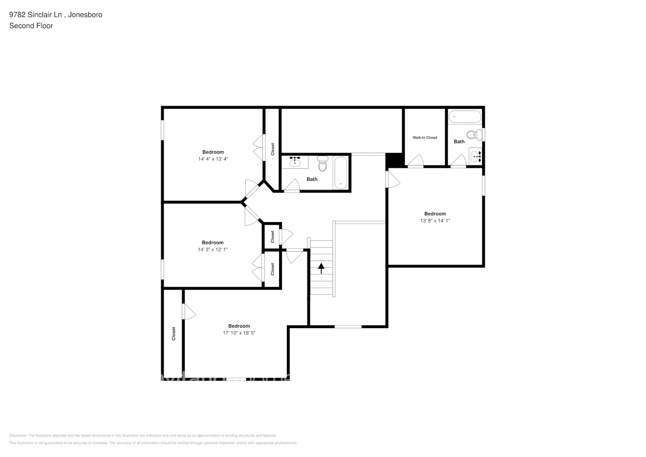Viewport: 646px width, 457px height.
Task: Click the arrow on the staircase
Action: (x=321, y=268)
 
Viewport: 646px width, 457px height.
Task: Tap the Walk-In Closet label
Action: (x=425, y=138)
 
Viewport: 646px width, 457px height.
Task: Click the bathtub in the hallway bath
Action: (x=341, y=172)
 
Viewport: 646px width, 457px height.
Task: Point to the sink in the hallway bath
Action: (x=295, y=161)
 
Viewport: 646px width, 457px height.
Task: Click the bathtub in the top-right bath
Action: (x=465, y=117)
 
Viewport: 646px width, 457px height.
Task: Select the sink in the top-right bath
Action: (x=477, y=156)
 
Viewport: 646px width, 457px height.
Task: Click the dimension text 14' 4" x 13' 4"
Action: (x=213, y=159)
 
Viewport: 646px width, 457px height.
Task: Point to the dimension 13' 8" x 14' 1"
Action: (x=435, y=221)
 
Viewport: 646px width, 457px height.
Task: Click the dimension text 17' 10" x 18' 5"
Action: (x=239, y=333)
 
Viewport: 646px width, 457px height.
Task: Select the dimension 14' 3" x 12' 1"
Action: (x=212, y=250)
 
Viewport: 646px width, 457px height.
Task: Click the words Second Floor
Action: (x=31, y=26)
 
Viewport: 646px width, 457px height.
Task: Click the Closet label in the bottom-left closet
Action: (x=174, y=333)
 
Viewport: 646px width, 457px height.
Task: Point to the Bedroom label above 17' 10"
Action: (x=239, y=326)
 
